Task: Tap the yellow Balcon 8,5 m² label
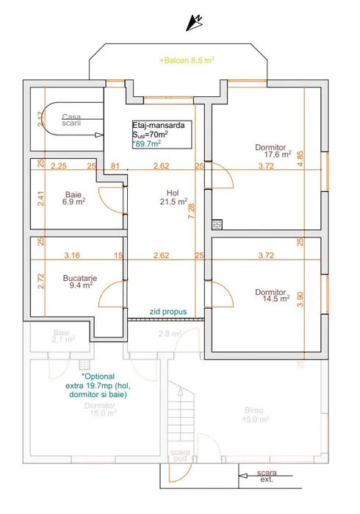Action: pyautogui.click(x=187, y=61)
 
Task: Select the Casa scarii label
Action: pyautogui.click(x=72, y=120)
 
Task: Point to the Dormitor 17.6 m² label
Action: pyautogui.click(x=273, y=151)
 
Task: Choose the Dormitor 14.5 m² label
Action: pyautogui.click(x=273, y=296)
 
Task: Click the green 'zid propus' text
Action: pyautogui.click(x=168, y=311)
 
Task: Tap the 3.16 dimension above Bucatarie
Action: pyautogui.click(x=71, y=256)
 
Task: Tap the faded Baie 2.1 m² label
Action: pyautogui.click(x=64, y=336)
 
